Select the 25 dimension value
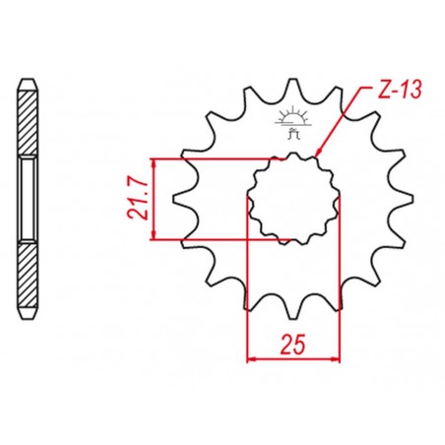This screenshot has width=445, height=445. (x=292, y=345)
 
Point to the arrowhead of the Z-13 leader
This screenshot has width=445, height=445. (x=317, y=154)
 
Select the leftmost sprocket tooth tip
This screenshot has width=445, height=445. (x=173, y=199)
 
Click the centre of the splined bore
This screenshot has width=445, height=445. (x=292, y=199)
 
